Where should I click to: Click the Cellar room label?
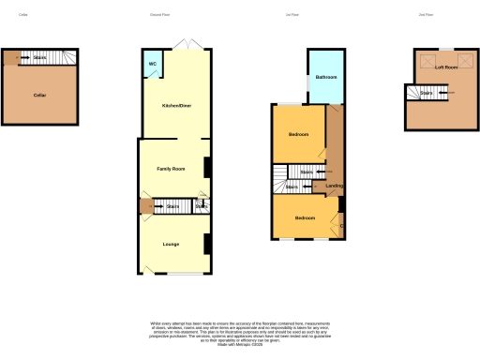pyautogui.click(x=39, y=96)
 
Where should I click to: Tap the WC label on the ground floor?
pyautogui.click(x=151, y=65)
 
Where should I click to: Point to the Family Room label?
pyautogui.click(x=171, y=169)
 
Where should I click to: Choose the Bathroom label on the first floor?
pyautogui.click(x=326, y=77)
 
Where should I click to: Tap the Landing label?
pyautogui.click(x=333, y=186)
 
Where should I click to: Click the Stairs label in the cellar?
pyautogui.click(x=39, y=58)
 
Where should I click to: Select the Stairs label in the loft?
pyautogui.click(x=426, y=93)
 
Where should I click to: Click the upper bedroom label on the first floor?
pyautogui.click(x=298, y=136)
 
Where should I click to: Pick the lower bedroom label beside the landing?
pyautogui.click(x=305, y=218)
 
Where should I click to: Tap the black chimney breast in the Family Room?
pyautogui.click(x=206, y=167)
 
